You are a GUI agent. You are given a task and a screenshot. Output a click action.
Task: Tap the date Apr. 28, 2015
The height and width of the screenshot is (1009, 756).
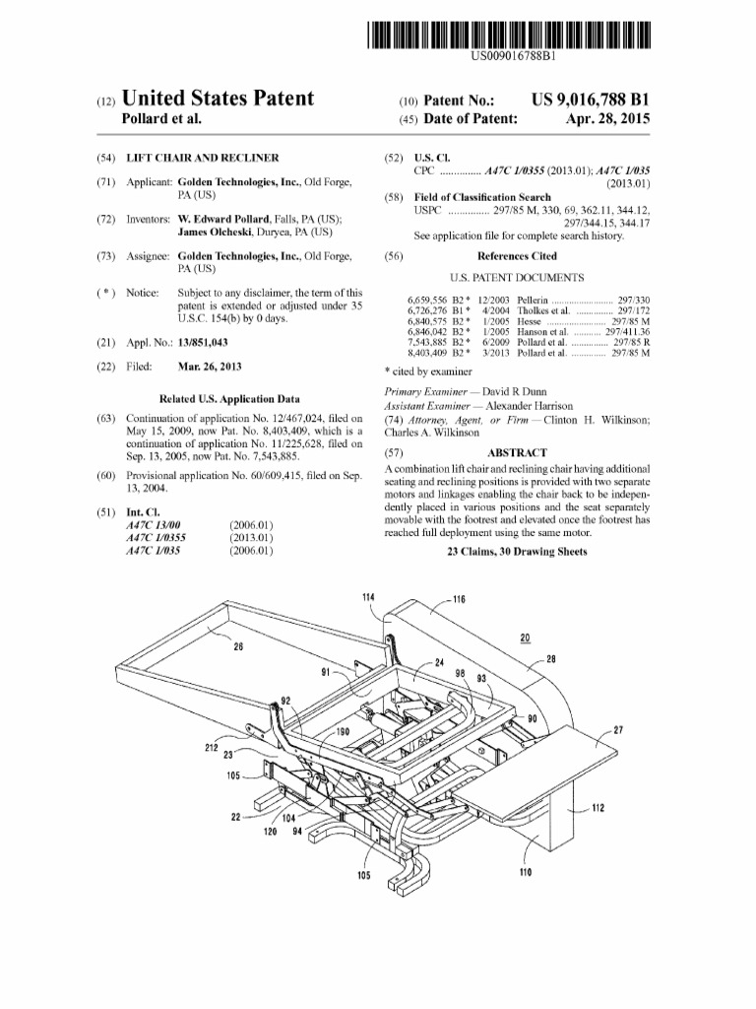607,119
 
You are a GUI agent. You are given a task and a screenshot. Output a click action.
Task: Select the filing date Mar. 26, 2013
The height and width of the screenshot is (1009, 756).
209,367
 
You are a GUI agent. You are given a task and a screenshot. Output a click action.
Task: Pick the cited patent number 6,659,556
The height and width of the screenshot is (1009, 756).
429,299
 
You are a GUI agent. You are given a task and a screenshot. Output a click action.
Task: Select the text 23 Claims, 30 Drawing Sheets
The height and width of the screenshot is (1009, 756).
517,552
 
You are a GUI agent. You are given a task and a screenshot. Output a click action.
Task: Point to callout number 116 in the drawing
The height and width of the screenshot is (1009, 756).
459,599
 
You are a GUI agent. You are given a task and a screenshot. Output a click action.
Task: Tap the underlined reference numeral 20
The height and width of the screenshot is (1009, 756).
524,638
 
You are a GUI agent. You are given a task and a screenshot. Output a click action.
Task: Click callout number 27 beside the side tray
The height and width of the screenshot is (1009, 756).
617,730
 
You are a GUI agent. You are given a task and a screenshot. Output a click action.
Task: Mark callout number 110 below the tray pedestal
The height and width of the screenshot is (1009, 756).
524,871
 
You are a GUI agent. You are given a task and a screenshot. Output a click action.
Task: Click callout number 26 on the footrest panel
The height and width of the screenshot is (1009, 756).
238,646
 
